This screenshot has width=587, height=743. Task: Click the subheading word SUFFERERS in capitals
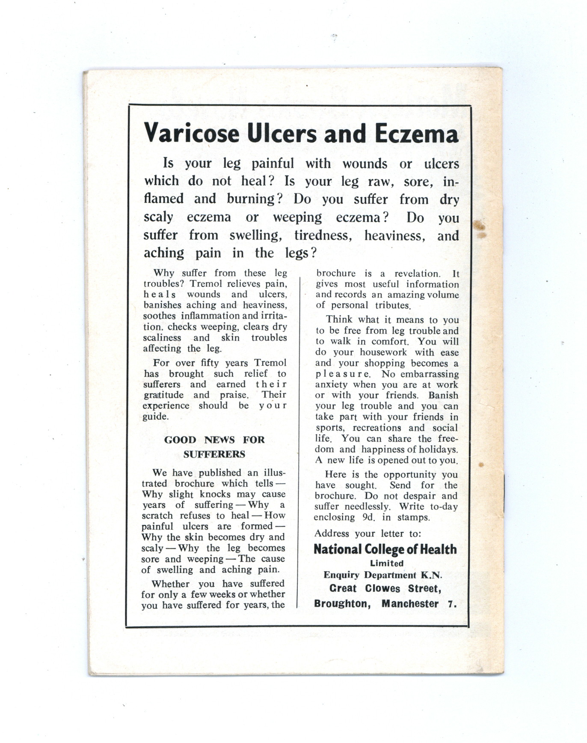(x=214, y=454)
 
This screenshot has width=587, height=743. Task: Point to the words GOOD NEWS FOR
(x=214, y=440)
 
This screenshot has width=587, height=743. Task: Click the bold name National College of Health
(x=385, y=549)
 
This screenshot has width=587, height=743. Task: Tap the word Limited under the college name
(x=387, y=564)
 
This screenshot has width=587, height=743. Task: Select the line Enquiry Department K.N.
(x=382, y=575)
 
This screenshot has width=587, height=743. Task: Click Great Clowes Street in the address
(x=385, y=589)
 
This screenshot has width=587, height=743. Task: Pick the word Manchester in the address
(x=410, y=604)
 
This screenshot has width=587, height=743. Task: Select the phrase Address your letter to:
(x=368, y=534)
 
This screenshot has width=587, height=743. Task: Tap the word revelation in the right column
(x=417, y=274)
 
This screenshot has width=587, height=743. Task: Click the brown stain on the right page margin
(x=480, y=229)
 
